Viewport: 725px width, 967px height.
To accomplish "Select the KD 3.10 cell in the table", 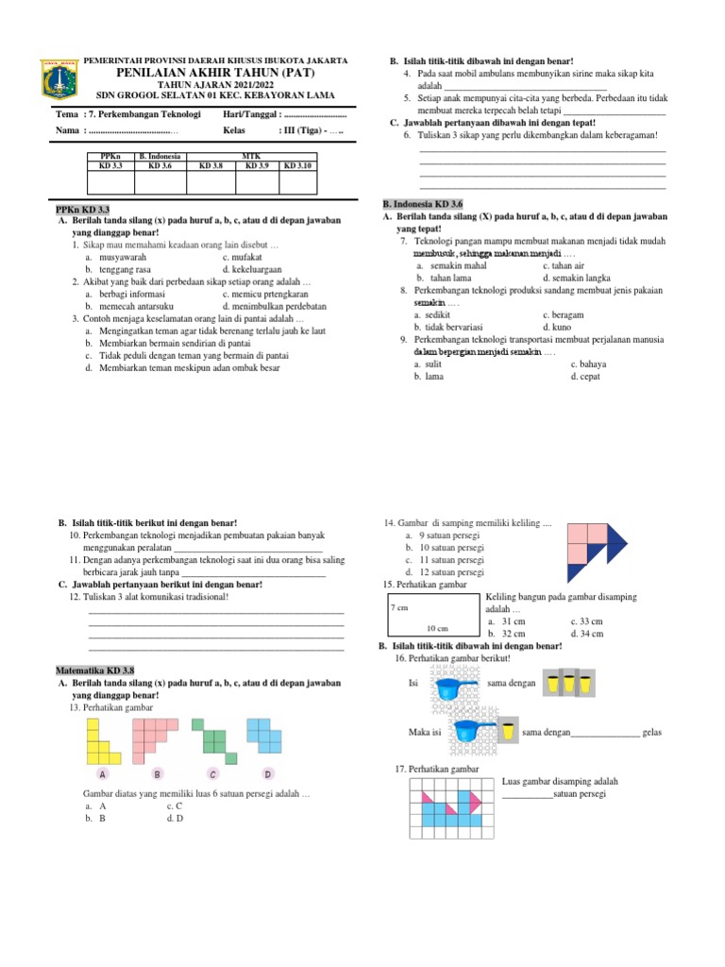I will pos(304,165).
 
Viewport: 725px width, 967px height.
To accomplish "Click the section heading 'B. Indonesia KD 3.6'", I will pos(422,204).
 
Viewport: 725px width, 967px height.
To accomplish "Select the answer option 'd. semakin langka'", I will pos(577,279).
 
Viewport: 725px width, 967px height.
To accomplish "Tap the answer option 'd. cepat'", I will pos(585,377).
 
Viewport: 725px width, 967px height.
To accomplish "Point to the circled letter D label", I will pos(267,774).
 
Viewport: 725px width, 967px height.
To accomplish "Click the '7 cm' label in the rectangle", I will pos(398,609).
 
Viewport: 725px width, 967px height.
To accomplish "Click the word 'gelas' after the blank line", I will pos(652,733).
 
